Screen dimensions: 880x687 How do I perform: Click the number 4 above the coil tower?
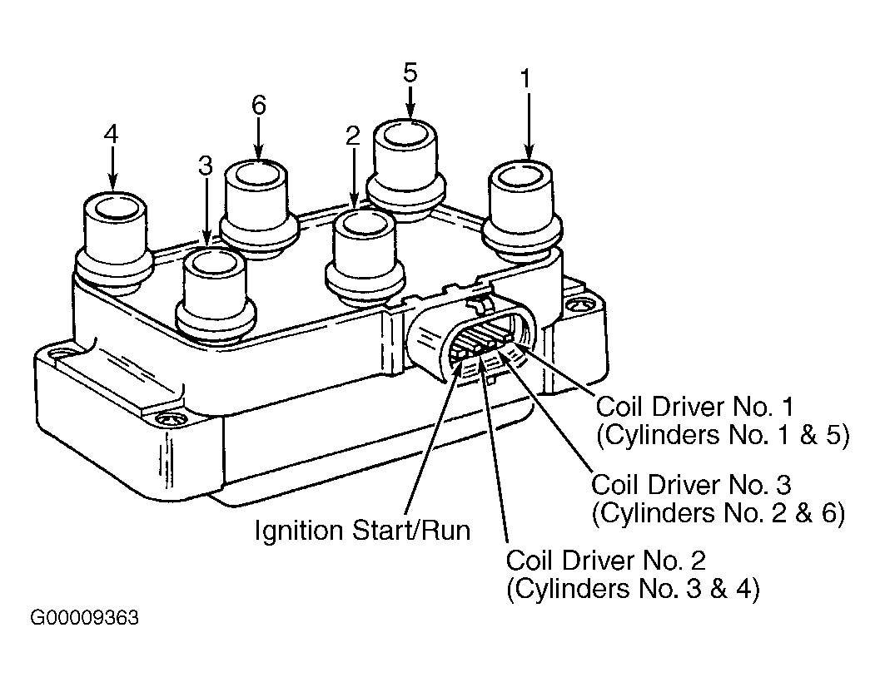click(111, 135)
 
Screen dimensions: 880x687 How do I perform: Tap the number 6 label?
click(259, 105)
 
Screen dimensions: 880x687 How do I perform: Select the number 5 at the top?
click(410, 73)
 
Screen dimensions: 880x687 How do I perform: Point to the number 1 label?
click(526, 79)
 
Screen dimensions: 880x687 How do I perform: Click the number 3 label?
click(206, 166)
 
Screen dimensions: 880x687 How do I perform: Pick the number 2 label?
click(352, 136)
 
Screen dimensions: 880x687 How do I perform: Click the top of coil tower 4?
click(116, 209)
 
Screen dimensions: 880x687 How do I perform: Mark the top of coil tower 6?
click(256, 175)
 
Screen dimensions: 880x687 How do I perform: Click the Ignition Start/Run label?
click(362, 531)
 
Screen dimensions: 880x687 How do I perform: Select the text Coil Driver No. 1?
click(695, 407)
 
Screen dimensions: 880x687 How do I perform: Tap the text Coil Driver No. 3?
click(691, 485)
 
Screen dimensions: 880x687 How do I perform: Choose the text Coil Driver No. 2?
click(606, 561)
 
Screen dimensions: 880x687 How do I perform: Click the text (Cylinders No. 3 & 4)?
click(633, 589)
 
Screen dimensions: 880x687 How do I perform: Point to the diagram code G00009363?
click(84, 618)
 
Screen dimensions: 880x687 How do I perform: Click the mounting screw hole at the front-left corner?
click(167, 419)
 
